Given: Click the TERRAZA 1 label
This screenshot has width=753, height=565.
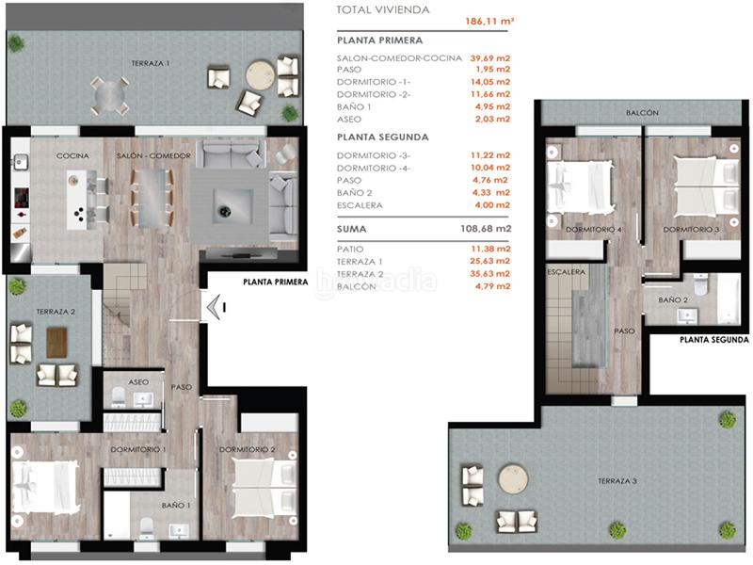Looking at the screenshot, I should tap(151, 63).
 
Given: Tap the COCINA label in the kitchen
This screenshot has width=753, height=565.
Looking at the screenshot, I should tap(72, 154).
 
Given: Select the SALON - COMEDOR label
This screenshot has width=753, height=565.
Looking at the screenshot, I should tap(154, 154).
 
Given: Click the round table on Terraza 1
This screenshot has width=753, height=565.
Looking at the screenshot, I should tap(261, 75).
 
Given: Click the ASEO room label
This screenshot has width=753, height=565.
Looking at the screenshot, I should tap(139, 382).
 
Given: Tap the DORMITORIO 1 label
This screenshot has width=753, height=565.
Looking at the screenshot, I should tap(137, 449).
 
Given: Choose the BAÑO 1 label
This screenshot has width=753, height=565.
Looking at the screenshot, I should tap(176, 506).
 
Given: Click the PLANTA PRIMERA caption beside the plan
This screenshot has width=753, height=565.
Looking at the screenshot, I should tap(275, 281).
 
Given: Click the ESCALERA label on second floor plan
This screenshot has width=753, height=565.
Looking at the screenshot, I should tap(567, 272).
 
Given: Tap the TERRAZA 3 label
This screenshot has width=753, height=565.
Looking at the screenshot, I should tap(617, 481).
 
